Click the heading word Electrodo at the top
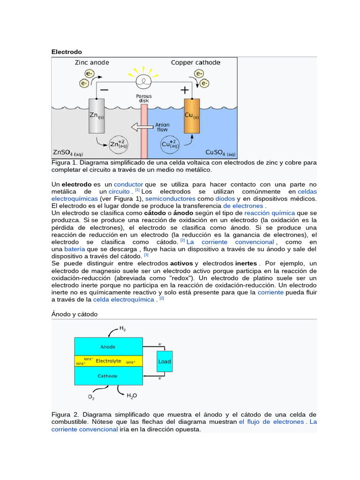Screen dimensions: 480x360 point(67,52)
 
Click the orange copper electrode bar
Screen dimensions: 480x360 point(192,116)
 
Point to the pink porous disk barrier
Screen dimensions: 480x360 point(144,131)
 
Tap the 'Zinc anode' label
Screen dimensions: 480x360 point(92,62)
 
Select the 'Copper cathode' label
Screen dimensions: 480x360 point(195,62)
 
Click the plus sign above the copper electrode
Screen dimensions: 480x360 point(185,90)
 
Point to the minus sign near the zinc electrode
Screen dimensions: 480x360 point(104,90)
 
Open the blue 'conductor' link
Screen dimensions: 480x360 point(128,185)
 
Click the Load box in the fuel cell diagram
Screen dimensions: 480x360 point(165,361)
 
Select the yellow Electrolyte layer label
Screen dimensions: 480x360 point(108,361)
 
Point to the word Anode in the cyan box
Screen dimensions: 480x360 point(108,347)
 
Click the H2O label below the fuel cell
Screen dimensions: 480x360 point(132,396)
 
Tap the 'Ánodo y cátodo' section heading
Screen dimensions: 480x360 point(75,314)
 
